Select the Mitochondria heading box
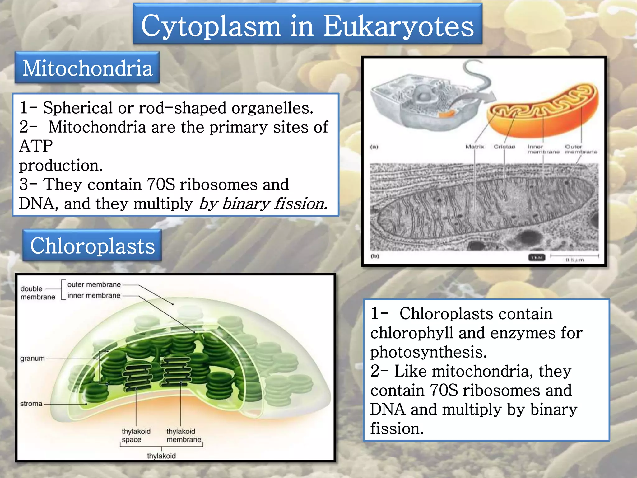[87, 68]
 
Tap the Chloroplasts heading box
[92, 246]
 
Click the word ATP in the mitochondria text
[36, 146]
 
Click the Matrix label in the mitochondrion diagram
[475, 147]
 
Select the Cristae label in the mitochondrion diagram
[504, 147]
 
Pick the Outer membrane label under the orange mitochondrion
[581, 149]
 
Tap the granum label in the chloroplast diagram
[32, 358]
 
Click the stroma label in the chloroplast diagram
[31, 404]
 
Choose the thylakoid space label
[136, 435]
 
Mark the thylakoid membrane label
[184, 435]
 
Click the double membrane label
[37, 293]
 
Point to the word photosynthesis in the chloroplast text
[428, 352]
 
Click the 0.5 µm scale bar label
[574, 260]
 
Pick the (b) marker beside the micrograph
[375, 256]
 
